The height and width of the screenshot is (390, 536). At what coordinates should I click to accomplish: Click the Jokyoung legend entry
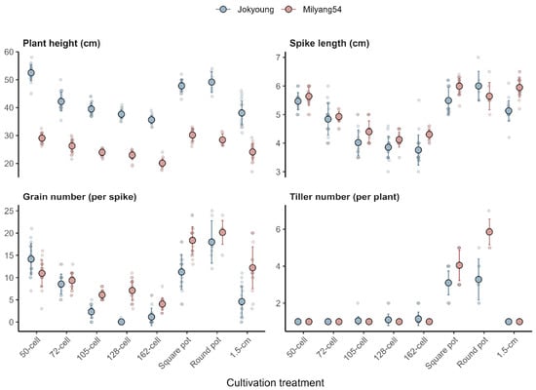point(245,10)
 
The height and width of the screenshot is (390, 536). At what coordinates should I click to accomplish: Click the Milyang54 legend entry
point(312,10)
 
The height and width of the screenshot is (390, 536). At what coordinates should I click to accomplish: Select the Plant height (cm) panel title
point(61,44)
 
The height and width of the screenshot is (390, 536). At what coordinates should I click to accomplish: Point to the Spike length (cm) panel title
point(329,44)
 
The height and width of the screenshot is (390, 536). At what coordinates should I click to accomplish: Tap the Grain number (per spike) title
point(80,197)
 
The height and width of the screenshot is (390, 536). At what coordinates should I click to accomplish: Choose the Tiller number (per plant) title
point(345,197)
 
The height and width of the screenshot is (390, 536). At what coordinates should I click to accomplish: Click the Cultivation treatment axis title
point(275,383)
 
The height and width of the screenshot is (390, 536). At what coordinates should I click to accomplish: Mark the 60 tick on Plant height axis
point(9,52)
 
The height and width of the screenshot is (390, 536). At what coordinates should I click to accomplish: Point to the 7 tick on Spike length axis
point(278,58)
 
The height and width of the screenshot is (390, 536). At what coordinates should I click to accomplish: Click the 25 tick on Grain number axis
point(9,211)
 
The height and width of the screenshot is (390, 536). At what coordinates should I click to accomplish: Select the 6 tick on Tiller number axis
point(278,229)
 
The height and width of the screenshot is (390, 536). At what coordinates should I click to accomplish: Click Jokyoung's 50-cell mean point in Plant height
point(31,73)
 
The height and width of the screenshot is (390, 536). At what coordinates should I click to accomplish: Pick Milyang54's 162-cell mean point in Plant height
point(163,164)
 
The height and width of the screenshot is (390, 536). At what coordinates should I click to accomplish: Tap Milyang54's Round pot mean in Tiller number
point(489,232)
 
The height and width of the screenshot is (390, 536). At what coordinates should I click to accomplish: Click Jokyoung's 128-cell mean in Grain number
point(122,322)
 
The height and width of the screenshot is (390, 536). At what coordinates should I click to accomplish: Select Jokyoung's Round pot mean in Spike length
point(479,86)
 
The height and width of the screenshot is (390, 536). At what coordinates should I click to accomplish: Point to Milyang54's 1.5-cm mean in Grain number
point(252,268)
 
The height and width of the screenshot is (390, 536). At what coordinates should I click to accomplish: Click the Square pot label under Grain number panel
point(174,353)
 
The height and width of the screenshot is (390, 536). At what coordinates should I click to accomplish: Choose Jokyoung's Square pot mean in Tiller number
point(448,283)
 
